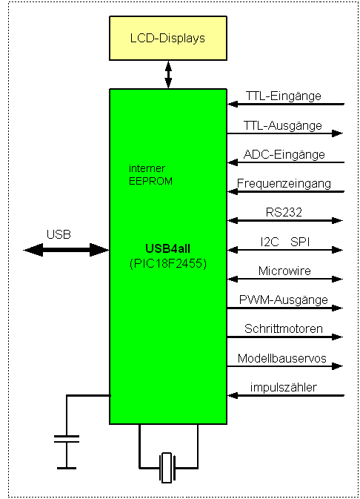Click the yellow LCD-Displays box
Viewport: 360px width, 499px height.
click(168, 39)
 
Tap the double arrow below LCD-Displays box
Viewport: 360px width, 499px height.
click(168, 75)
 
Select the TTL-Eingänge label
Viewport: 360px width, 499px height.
click(284, 96)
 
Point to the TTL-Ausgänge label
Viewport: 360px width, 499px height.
click(283, 126)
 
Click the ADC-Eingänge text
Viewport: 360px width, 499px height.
click(284, 155)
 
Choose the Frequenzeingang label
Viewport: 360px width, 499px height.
click(284, 184)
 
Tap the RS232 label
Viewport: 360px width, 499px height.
click(284, 212)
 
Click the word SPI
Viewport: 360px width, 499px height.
click(300, 242)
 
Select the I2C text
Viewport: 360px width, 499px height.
click(270, 242)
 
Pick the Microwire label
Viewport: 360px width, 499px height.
click(284, 271)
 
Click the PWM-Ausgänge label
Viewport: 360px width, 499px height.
click(284, 300)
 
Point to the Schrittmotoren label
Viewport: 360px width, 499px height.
click(284, 328)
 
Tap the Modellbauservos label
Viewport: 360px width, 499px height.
click(281, 358)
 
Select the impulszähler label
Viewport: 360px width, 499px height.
click(284, 387)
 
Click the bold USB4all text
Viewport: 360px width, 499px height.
click(167, 248)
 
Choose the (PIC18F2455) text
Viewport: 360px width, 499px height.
click(168, 263)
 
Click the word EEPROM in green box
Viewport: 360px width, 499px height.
click(150, 181)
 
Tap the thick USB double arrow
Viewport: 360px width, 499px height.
click(66, 250)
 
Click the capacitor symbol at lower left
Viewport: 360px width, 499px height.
click(67, 439)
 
